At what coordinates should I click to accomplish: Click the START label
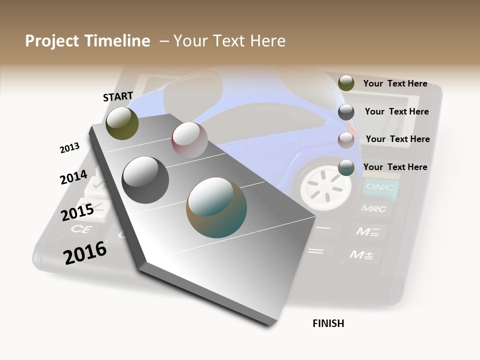(118, 96)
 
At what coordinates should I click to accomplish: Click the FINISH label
(328, 323)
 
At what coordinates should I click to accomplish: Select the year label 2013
(69, 147)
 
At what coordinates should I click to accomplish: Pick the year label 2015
(77, 212)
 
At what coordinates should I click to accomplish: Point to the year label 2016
(85, 253)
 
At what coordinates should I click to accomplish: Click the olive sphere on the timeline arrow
(122, 123)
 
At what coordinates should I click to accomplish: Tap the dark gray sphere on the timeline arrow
(145, 180)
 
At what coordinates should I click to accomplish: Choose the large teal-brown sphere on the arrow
(216, 207)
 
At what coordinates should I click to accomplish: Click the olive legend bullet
(346, 83)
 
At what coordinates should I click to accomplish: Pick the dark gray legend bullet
(346, 112)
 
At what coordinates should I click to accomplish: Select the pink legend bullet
(346, 139)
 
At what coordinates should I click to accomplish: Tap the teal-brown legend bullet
(346, 167)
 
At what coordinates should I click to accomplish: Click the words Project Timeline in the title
(87, 41)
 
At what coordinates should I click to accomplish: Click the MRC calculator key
(374, 209)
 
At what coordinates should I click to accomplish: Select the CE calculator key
(80, 229)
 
